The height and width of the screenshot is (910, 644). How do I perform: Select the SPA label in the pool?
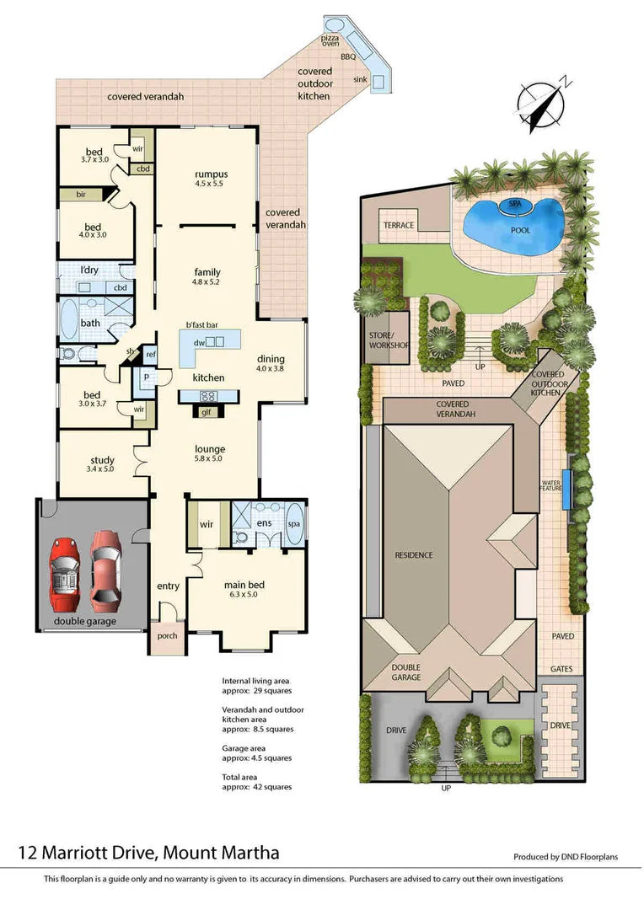[515, 204]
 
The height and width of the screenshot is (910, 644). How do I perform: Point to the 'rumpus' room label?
[207, 174]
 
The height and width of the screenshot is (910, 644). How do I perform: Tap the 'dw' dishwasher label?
[200, 342]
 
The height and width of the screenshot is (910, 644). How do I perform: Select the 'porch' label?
[167, 635]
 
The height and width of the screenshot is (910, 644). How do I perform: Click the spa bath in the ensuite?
[295, 524]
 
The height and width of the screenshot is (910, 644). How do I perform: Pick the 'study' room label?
[102, 459]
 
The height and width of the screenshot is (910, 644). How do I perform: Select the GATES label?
[561, 668]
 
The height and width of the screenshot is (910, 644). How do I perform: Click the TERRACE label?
[398, 226]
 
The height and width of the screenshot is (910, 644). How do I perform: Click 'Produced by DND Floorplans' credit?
[566, 857]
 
